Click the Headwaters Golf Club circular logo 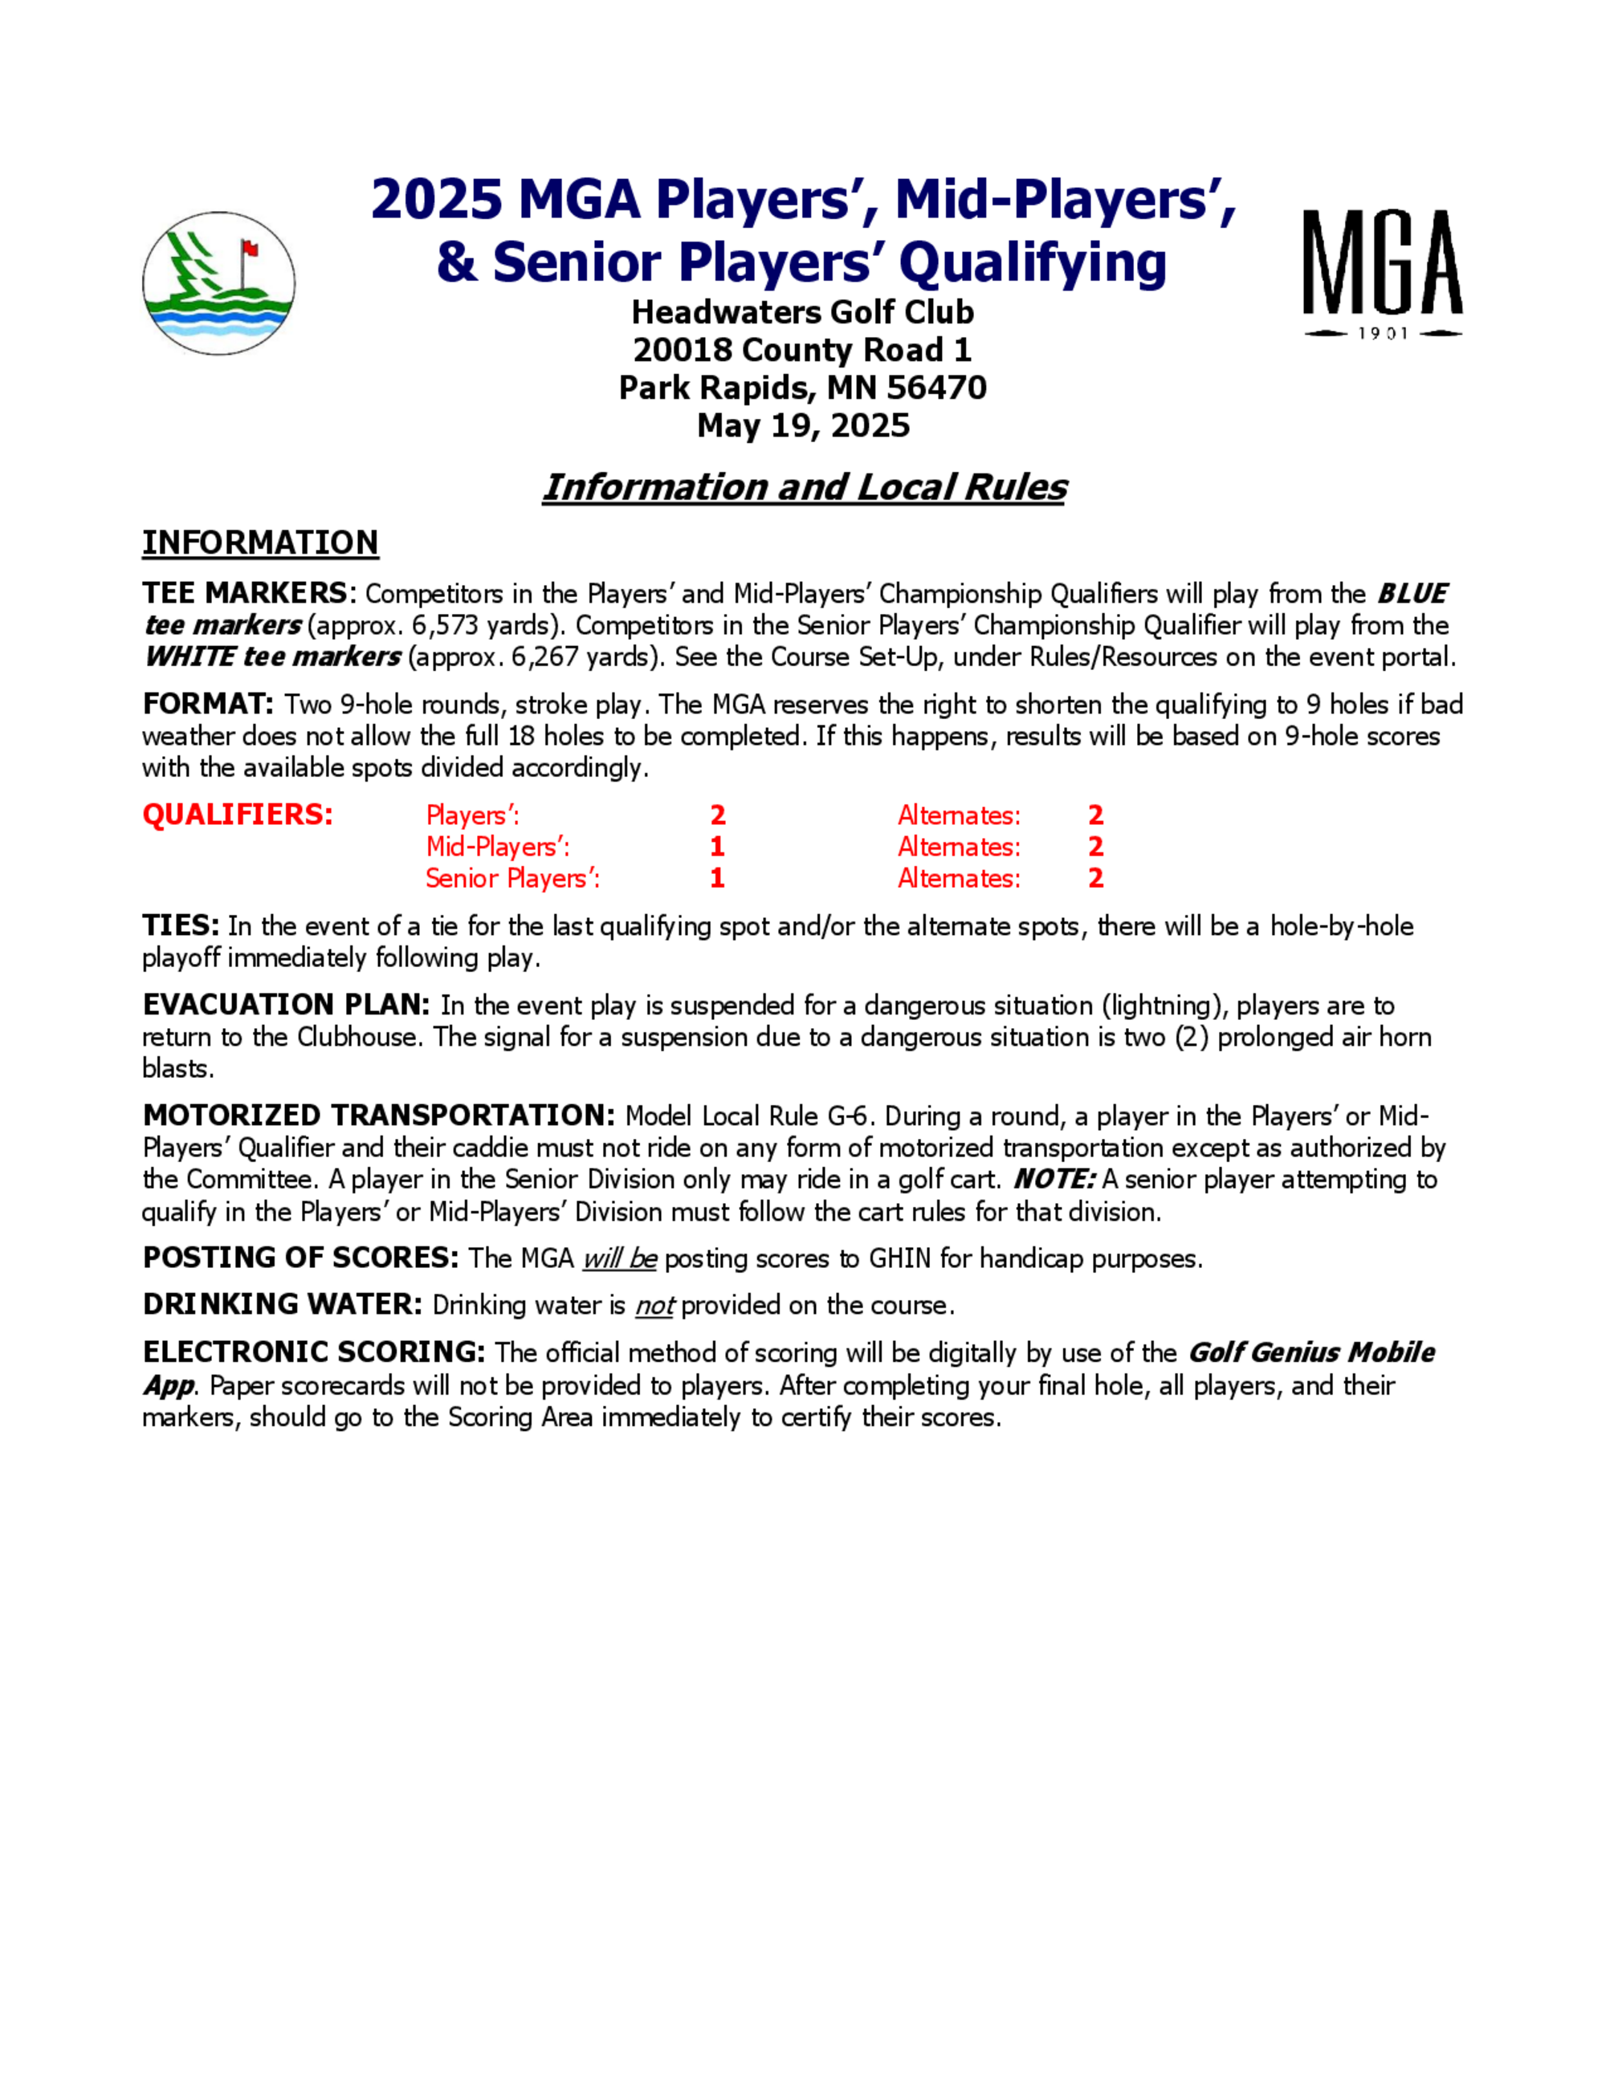pyautogui.click(x=219, y=283)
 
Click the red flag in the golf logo pyautogui.click(x=251, y=249)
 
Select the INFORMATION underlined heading pyautogui.click(x=259, y=543)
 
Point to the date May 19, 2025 pyautogui.click(x=803, y=425)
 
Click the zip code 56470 pyautogui.click(x=936, y=388)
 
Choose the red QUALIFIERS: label pyautogui.click(x=237, y=815)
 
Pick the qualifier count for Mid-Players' pyautogui.click(x=717, y=847)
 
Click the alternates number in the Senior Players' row pyautogui.click(x=1096, y=878)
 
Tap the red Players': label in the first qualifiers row pyautogui.click(x=472, y=816)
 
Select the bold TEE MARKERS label pyautogui.click(x=246, y=593)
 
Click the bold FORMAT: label pyautogui.click(x=207, y=705)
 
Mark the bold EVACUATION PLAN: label pyautogui.click(x=285, y=1006)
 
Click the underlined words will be pyautogui.click(x=619, y=1259)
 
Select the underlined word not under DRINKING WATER pyautogui.click(x=654, y=1306)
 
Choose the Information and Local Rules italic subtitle pyautogui.click(x=804, y=487)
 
